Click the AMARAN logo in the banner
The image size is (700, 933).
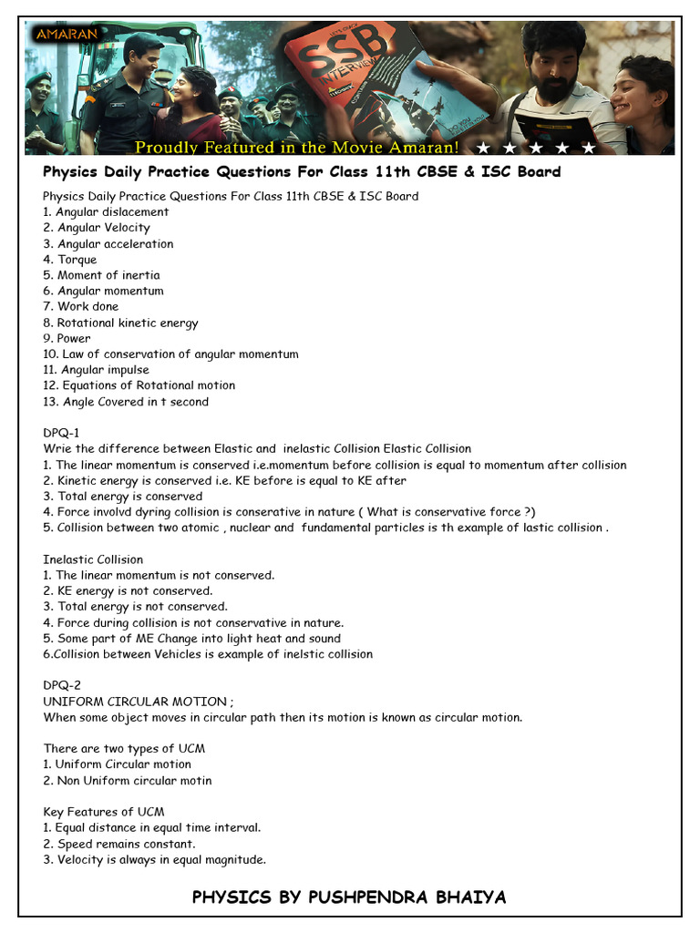pos(67,35)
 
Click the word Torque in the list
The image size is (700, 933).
pos(77,260)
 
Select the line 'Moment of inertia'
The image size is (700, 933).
pos(108,275)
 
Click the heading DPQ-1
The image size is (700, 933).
pos(62,433)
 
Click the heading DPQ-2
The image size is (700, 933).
pos(62,686)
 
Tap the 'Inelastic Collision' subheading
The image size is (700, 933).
pos(93,559)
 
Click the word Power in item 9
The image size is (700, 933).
pos(74,338)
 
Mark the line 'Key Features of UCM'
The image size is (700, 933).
pos(104,812)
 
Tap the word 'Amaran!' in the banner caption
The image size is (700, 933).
pos(421,148)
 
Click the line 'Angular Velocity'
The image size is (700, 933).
pos(104,228)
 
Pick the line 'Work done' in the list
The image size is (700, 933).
pos(87,307)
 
